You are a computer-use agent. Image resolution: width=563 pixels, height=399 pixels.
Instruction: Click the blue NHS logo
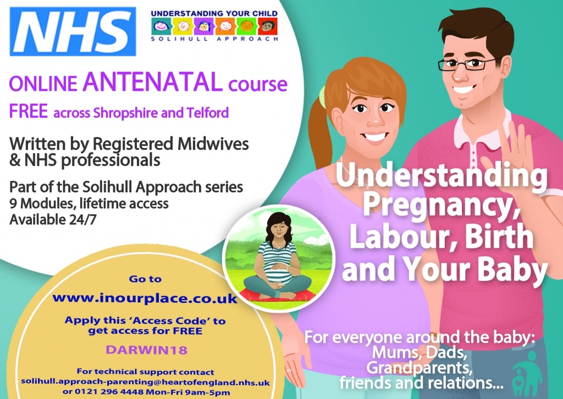(73, 31)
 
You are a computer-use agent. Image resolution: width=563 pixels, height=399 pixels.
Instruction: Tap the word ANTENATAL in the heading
(153, 82)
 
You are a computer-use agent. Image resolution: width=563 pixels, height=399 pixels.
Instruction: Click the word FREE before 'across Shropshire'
(29, 111)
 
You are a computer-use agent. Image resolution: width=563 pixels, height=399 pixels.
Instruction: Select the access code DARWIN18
(146, 350)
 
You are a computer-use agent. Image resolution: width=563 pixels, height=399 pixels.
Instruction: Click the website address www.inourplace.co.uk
(145, 298)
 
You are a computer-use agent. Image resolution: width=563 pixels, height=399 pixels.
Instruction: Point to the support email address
(145, 382)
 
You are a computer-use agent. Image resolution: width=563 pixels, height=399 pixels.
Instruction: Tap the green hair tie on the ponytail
(322, 97)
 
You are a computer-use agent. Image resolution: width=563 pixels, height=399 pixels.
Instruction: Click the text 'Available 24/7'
(53, 219)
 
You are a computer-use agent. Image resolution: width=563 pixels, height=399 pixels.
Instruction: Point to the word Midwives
(213, 143)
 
